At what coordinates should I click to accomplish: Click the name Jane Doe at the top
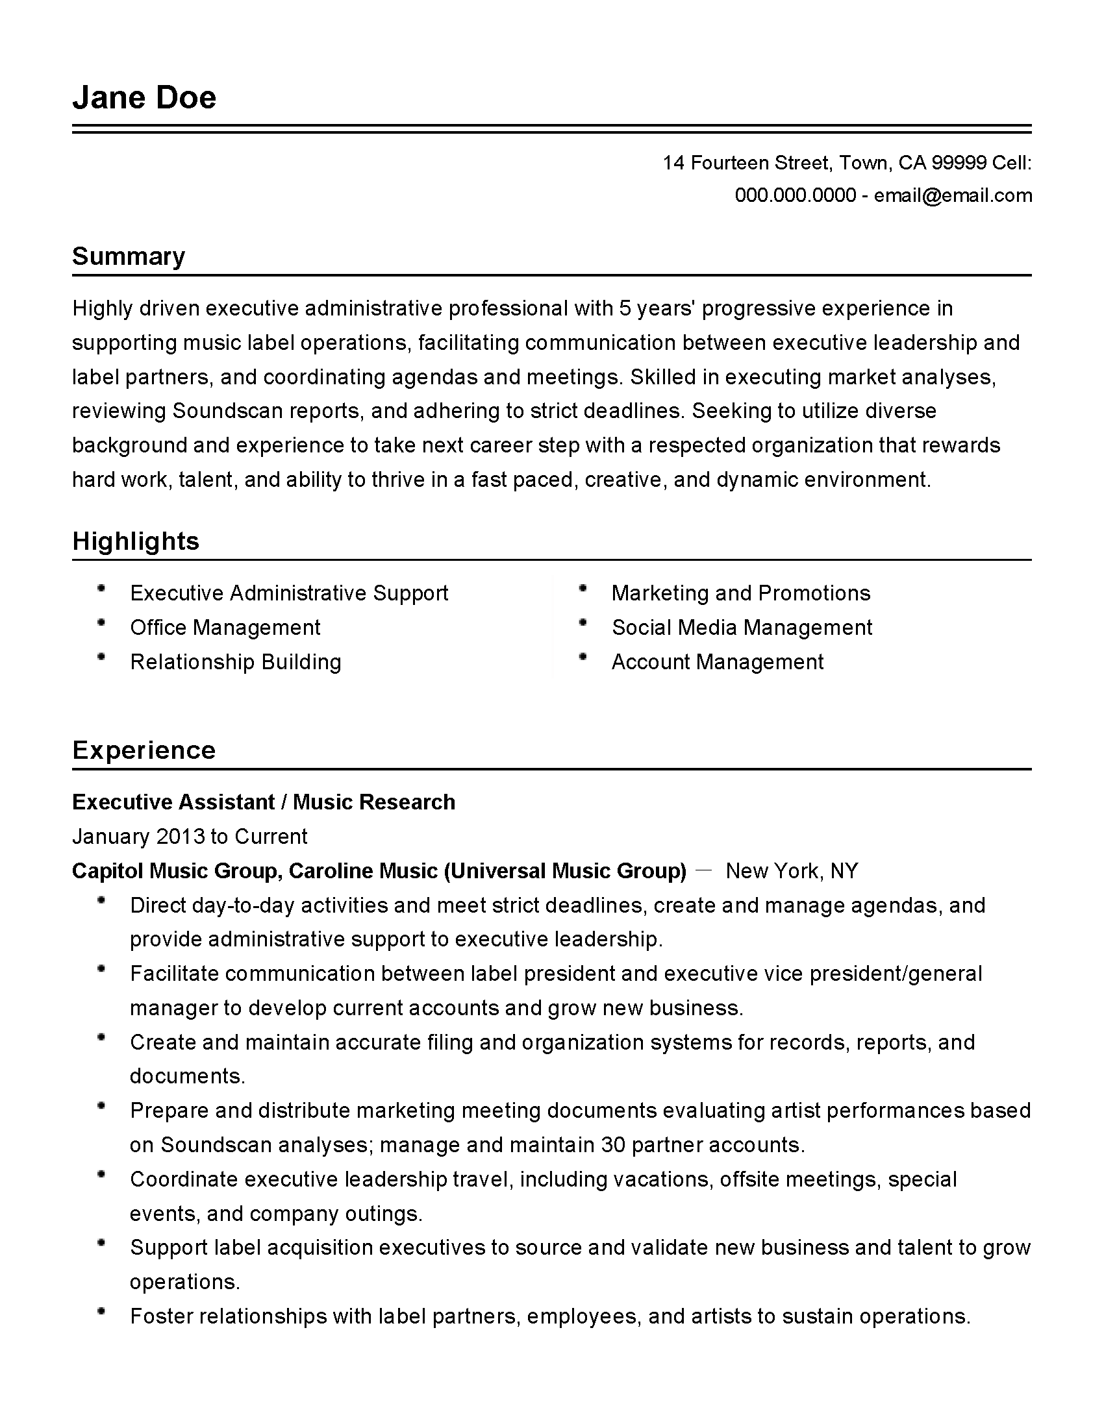coord(144,98)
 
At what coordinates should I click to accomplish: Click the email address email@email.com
coord(953,195)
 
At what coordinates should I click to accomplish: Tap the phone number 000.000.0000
coord(795,195)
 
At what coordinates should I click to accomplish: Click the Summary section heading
coord(128,256)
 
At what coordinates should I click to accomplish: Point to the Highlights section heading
coord(135,541)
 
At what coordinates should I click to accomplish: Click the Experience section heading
coord(144,750)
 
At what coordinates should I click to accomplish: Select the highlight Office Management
coord(225,628)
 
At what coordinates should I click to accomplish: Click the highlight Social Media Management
coord(741,628)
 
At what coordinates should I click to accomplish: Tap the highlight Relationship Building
coord(236,662)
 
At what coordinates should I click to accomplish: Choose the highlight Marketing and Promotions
coord(740,593)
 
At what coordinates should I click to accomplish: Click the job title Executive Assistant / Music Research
coord(263,802)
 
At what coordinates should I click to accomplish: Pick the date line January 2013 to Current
coord(189,837)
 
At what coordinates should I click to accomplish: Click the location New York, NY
coord(792,871)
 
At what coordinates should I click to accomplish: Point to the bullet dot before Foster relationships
coord(101,1312)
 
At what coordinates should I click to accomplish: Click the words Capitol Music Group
coord(175,871)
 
